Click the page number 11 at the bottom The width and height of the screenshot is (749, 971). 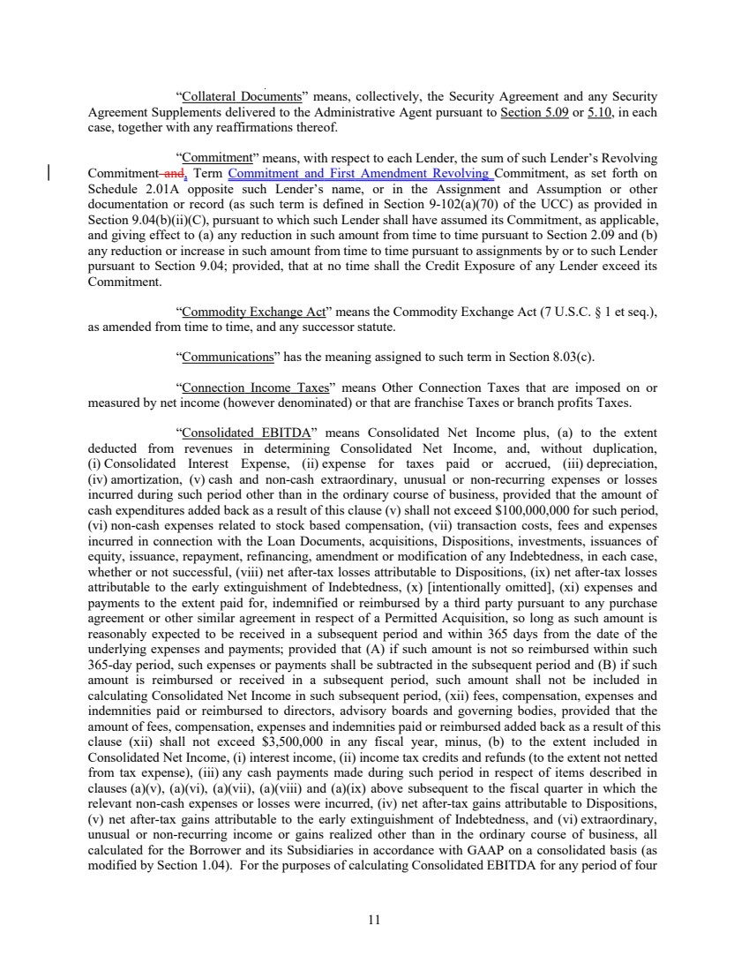pos(373,919)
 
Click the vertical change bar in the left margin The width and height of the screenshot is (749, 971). pos(49,173)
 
